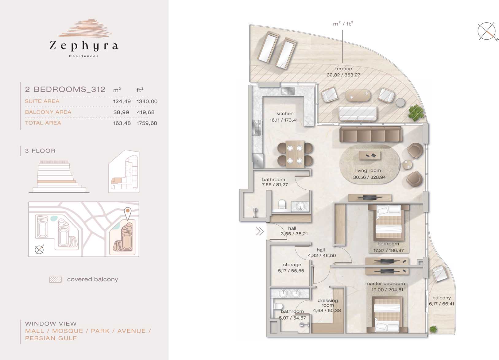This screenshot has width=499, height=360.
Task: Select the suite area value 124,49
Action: [x=122, y=101]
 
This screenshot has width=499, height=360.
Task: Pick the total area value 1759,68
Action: [x=147, y=123]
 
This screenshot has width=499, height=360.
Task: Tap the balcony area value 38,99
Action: [x=121, y=112]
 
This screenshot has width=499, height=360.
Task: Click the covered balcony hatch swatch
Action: [x=56, y=280]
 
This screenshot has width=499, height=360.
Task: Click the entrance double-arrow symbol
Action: [x=260, y=231]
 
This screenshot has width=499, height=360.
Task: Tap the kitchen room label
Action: [x=285, y=114]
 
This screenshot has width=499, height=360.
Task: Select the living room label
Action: [x=368, y=170]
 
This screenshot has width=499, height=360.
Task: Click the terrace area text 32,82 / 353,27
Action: [x=343, y=75]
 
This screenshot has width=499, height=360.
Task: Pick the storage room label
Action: [x=292, y=265]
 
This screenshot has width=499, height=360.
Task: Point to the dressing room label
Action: [x=328, y=303]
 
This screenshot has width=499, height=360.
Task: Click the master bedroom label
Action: [x=385, y=284]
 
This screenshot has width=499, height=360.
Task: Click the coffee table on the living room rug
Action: [x=370, y=155]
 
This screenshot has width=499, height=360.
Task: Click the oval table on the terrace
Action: [x=358, y=95]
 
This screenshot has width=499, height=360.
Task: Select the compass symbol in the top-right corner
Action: [x=487, y=32]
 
